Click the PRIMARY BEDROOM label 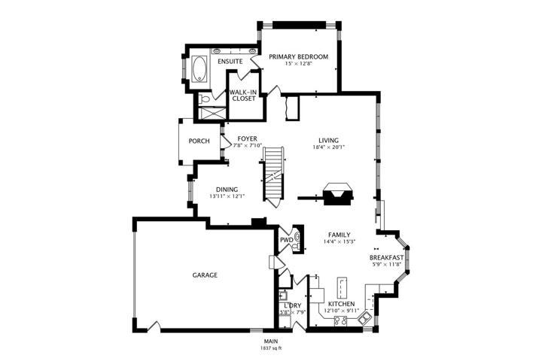point(298,56)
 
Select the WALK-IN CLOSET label point(244,96)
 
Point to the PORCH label point(199,141)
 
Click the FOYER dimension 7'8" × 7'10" point(248,145)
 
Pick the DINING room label point(227,190)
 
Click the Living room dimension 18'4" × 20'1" point(328,147)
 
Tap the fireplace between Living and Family point(339,194)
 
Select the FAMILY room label point(339,235)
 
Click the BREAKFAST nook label point(386,258)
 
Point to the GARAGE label point(205,275)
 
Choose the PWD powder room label point(287,240)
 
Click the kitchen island point(342,287)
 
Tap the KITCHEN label point(341,304)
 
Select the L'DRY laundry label point(292,306)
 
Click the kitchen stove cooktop point(340,321)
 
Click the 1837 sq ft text point(271,348)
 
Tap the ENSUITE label point(230,62)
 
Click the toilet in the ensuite point(204,99)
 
